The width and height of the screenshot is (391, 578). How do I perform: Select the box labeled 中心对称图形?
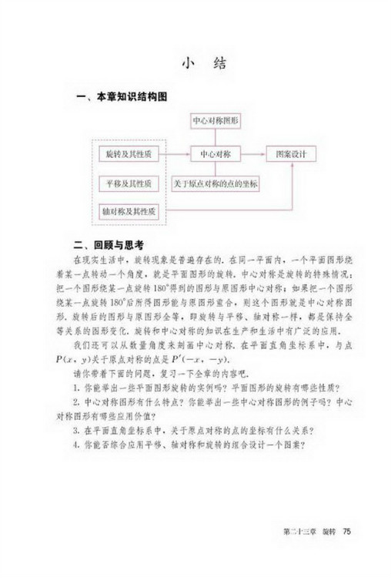pos(213,122)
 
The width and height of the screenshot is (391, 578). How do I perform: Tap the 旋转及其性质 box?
pos(129,154)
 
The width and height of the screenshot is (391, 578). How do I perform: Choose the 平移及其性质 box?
pos(129,183)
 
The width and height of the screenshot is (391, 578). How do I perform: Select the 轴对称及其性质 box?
pos(129,210)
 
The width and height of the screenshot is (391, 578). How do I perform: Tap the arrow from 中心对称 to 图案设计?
pos(253,154)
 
